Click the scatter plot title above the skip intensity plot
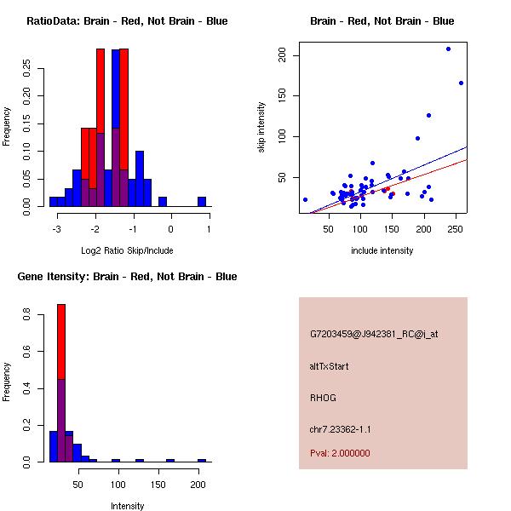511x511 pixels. (x=382, y=21)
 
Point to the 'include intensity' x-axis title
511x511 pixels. (x=382, y=250)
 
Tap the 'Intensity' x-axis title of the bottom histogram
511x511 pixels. (x=127, y=506)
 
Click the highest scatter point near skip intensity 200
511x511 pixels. (x=448, y=49)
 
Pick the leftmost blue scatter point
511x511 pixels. (x=305, y=199)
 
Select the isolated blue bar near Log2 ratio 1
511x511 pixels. (x=202, y=202)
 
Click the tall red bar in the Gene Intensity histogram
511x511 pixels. (x=61, y=341)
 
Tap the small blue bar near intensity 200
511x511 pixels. (x=202, y=460)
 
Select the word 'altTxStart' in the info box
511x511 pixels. (x=329, y=366)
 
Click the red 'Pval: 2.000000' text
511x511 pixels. (x=340, y=453)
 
